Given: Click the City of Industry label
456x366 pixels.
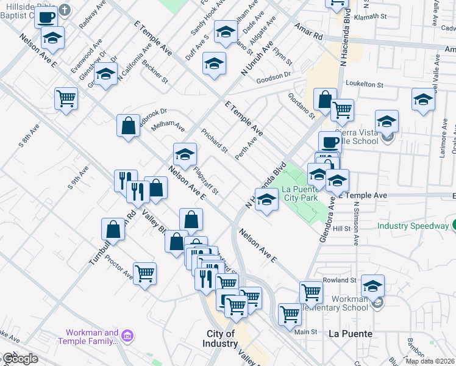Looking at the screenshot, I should [221, 339].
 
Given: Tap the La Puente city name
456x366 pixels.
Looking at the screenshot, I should [350, 334].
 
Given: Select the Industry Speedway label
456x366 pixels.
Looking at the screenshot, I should [413, 226].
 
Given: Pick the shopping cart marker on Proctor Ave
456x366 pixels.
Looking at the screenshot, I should [144, 274].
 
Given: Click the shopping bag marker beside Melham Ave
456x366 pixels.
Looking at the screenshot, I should [129, 127].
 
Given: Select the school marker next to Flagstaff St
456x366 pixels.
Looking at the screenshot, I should [185, 155].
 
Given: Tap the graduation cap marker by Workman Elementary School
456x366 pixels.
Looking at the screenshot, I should [372, 285].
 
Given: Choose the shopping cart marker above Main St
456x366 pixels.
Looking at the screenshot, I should [290, 314].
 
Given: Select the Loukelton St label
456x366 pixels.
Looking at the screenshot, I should [364, 86].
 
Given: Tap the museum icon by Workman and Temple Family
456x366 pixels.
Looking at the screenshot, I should [127, 336].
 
